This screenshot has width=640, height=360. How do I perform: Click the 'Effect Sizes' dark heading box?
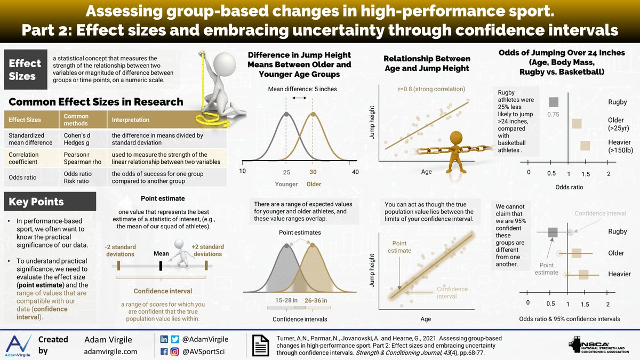click(x=25, y=70)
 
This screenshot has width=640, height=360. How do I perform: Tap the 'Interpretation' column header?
click(x=130, y=120)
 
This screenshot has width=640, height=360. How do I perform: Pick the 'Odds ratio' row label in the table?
click(x=22, y=177)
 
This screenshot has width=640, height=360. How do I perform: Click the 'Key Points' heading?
click(x=36, y=202)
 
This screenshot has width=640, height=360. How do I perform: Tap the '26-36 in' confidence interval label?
click(x=316, y=301)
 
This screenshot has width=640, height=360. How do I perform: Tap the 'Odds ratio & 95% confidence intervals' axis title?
click(x=570, y=319)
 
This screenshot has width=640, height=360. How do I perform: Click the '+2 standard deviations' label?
click(x=207, y=251)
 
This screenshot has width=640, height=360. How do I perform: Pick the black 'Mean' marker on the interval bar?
click(x=161, y=265)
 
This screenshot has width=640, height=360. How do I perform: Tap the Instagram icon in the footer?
click(x=174, y=351)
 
